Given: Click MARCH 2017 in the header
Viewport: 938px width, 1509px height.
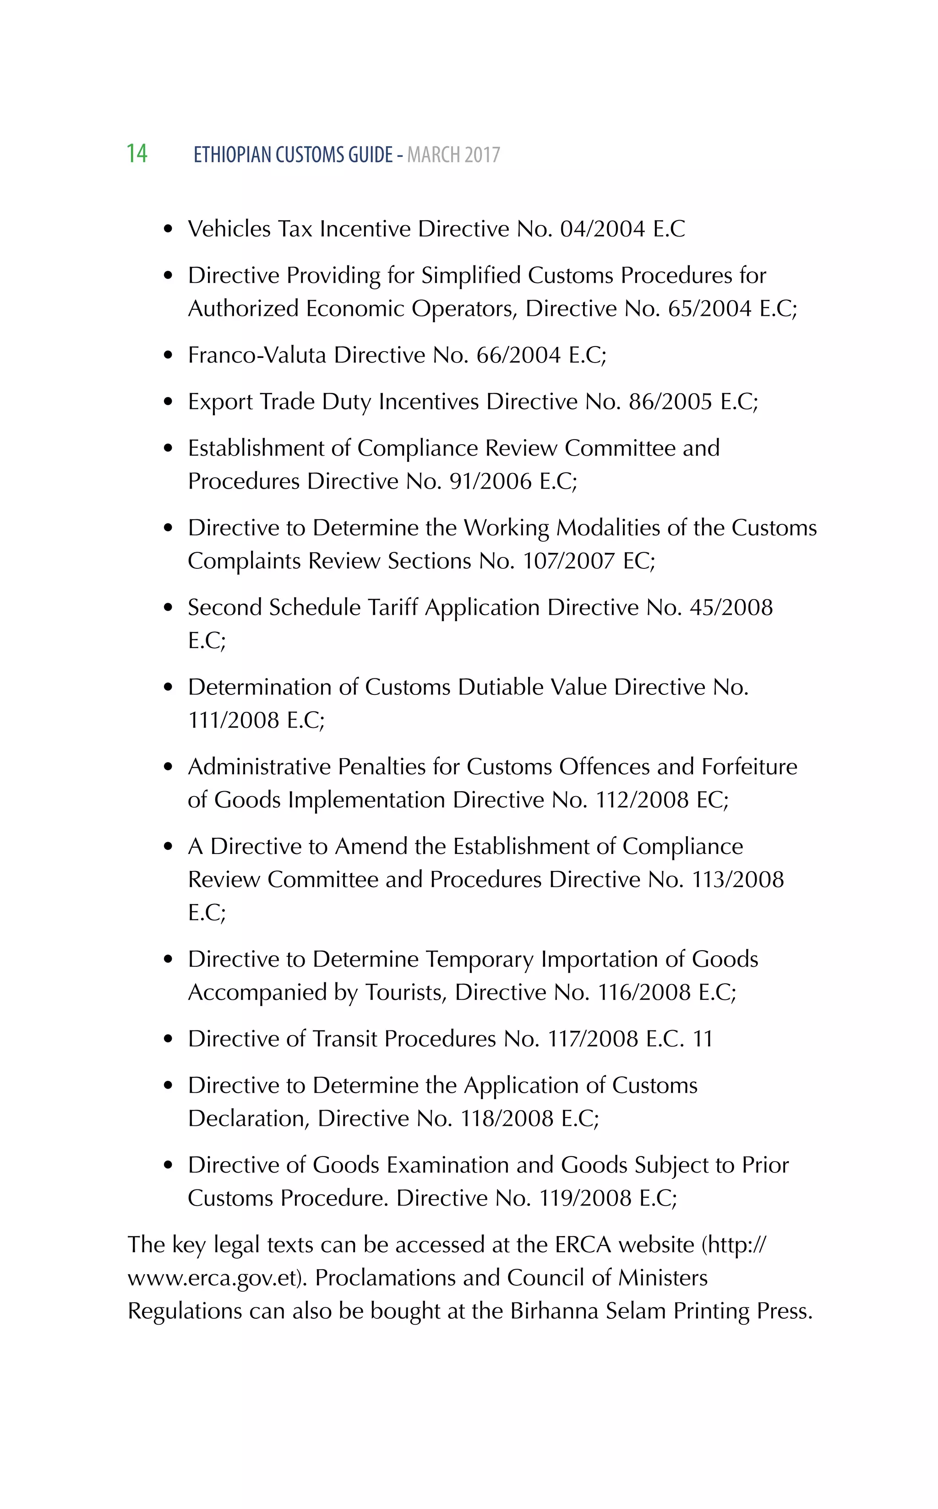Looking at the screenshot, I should (x=453, y=154).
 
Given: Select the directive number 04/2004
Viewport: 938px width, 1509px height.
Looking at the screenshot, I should (x=602, y=229).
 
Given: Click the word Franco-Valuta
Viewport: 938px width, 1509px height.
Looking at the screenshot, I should (x=257, y=355).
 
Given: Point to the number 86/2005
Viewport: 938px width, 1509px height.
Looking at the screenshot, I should (x=670, y=402).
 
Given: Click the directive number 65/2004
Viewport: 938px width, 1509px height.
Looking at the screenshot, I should (x=709, y=308).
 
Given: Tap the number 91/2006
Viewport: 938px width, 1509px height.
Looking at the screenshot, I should (x=490, y=481).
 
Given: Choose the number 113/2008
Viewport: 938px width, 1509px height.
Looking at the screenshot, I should (x=737, y=880).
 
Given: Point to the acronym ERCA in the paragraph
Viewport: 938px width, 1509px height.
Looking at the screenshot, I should (x=583, y=1245).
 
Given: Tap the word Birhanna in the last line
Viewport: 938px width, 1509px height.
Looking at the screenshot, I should (x=554, y=1311).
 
